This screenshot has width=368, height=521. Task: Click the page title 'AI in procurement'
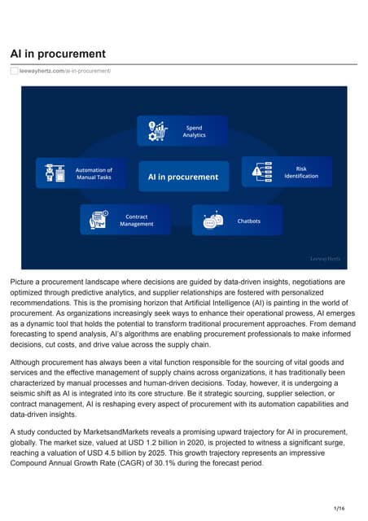57,54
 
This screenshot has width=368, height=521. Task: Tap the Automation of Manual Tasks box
81,173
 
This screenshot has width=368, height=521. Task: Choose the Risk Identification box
287,172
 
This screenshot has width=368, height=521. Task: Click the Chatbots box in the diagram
237,220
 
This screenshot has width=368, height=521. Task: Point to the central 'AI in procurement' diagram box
182,176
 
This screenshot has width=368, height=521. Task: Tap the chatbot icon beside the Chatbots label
212,220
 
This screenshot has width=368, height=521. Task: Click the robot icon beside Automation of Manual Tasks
55,173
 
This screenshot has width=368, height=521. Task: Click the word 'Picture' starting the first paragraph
24,282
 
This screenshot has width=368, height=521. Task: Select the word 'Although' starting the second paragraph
29,361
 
